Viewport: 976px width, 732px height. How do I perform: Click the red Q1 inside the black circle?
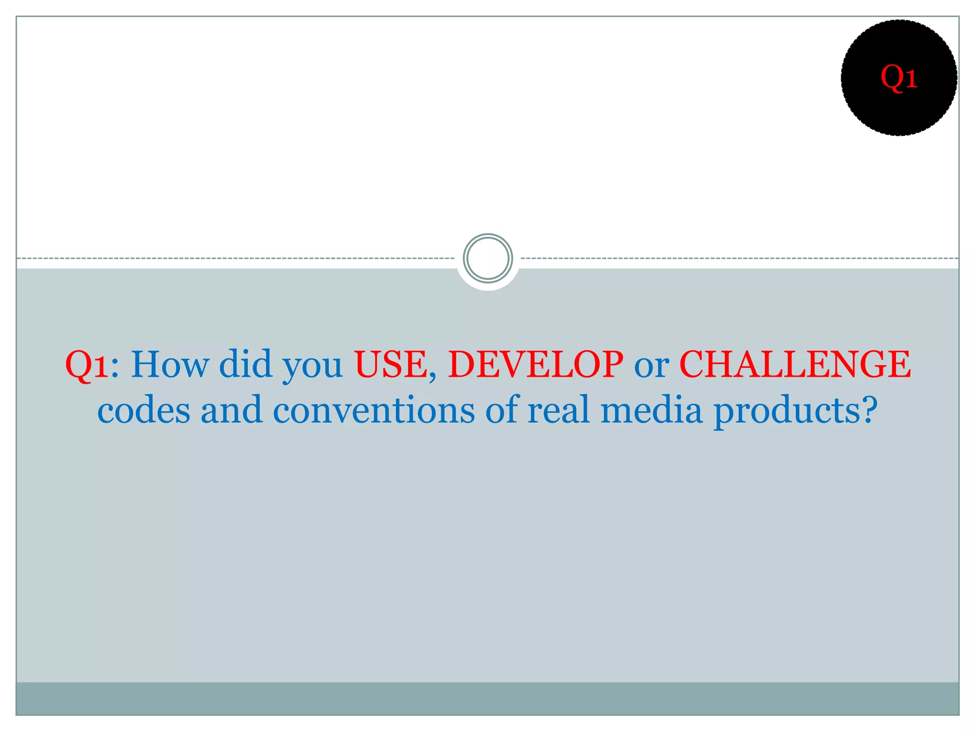coord(899,77)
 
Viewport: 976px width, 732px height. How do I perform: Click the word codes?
coord(143,410)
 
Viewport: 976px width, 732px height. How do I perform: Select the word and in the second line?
coord(231,410)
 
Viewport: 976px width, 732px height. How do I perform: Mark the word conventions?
coord(374,410)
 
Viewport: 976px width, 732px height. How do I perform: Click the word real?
coord(559,410)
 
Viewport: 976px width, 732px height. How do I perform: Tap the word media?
coord(651,410)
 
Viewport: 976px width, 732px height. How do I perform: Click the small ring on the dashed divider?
coord(488,258)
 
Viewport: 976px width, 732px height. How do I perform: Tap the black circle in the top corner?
coord(899,110)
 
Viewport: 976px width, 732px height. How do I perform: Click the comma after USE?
coord(432,377)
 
